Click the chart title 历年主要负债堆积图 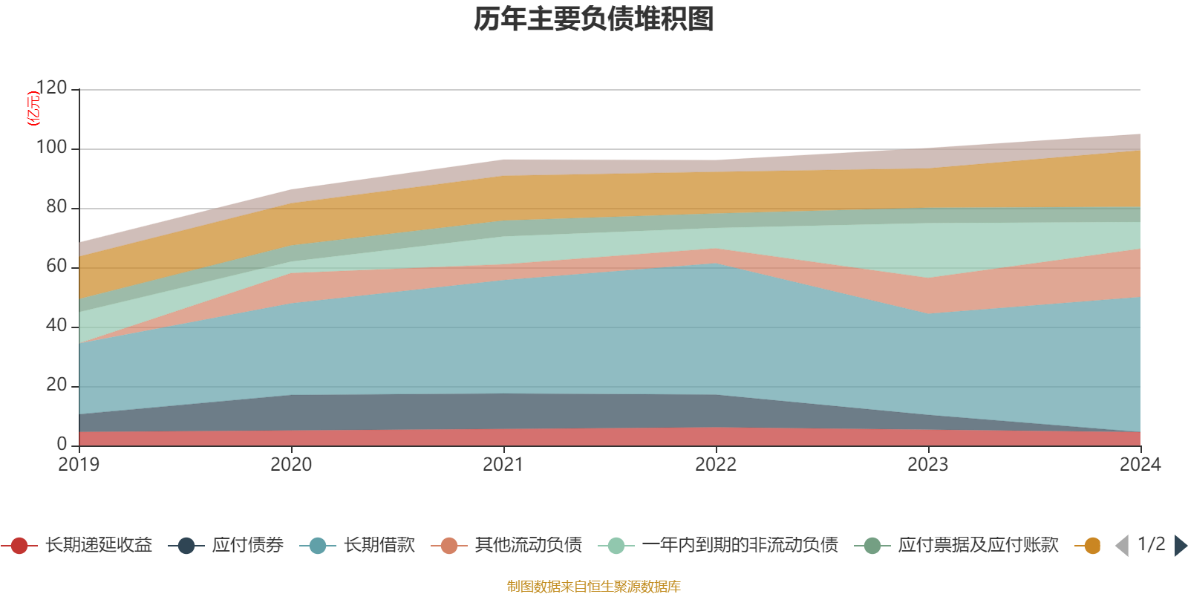594,19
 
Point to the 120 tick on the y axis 51,88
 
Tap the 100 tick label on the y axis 51,148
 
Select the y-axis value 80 56,207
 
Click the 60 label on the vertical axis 56,267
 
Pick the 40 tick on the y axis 56,326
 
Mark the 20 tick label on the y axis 56,385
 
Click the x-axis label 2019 79,465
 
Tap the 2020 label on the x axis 291,465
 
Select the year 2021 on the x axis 503,465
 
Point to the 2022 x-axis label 716,465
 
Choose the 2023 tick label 928,465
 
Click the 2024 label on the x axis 1140,465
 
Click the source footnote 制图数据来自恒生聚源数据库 594,587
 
